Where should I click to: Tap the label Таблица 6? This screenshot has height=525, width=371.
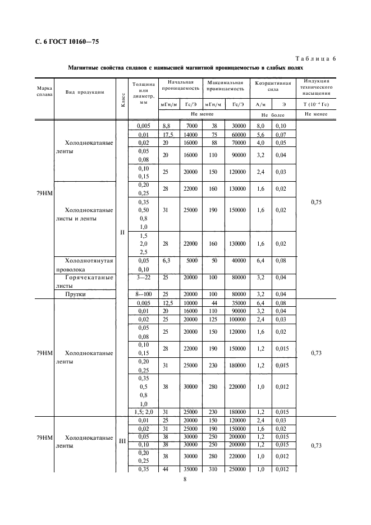[315, 58]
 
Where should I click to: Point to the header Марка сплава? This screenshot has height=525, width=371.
[44, 91]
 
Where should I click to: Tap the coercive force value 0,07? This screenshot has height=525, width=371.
[281, 135]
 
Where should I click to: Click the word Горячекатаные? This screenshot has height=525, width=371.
[90, 277]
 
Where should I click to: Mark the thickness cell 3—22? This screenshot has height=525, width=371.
[144, 277]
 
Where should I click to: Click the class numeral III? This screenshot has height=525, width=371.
[122, 440]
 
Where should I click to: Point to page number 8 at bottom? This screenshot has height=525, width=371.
[185, 480]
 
